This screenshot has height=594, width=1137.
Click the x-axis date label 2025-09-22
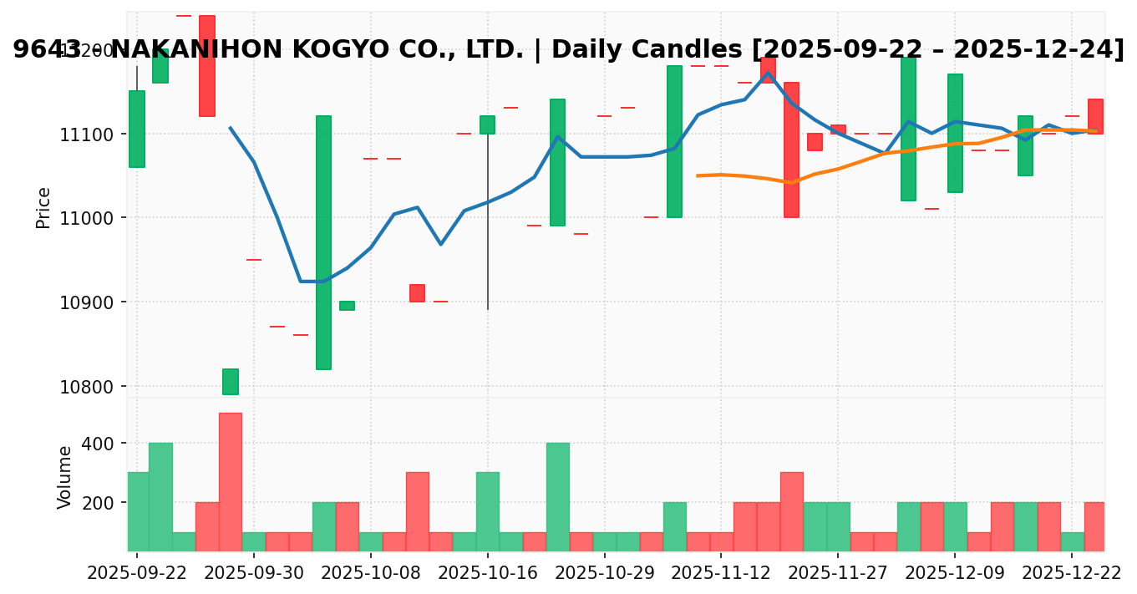pos(137,574)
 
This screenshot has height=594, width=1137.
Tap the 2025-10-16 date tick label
pos(488,574)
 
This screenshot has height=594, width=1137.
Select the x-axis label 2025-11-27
pos(838,574)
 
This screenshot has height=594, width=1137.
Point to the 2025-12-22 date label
pos(1072,574)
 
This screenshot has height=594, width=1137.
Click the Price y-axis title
pos(43,207)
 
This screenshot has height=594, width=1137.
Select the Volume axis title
pos(64,476)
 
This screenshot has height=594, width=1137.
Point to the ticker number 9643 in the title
pos(47,50)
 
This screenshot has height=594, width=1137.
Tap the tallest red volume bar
pos(230,481)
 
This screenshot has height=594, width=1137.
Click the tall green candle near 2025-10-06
pos(323,242)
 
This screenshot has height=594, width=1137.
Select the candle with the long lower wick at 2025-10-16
pos(487,125)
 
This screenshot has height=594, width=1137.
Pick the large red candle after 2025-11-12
pos(791,150)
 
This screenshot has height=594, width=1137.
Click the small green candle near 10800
pos(230,381)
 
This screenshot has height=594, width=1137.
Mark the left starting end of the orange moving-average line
pos(698,175)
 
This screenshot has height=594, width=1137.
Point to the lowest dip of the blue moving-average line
pos(312,282)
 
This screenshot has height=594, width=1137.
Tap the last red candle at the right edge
pos(1095,116)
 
